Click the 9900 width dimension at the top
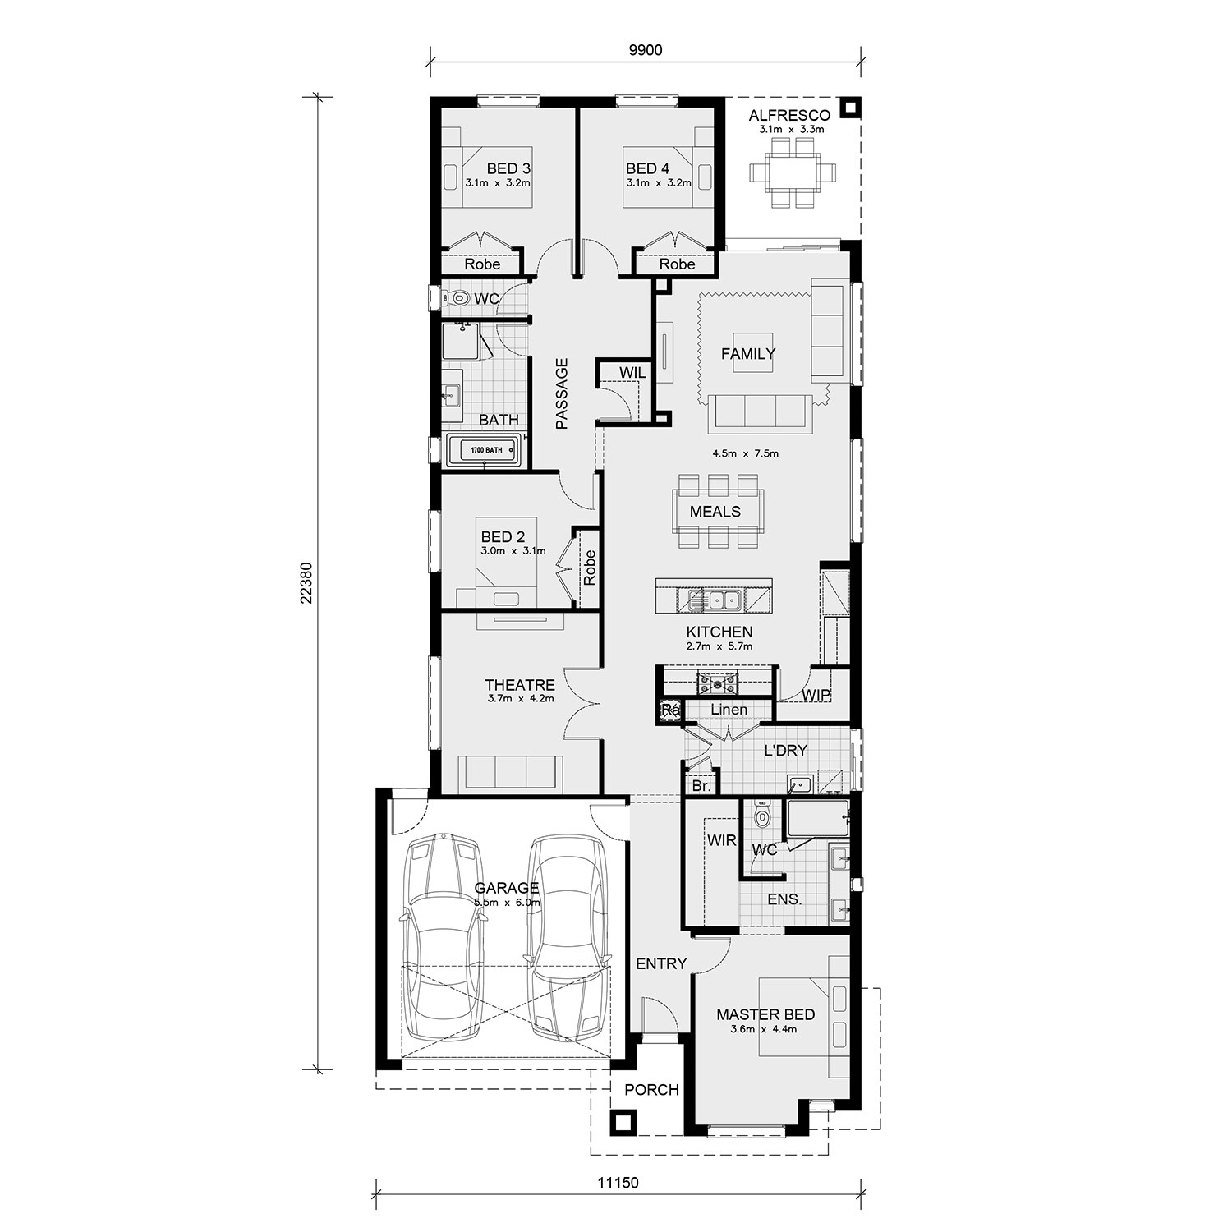(x=645, y=49)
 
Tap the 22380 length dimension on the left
(x=307, y=583)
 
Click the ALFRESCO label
(x=789, y=115)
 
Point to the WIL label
(x=632, y=373)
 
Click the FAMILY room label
(x=748, y=354)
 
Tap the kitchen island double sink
(x=716, y=600)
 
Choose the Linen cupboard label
(x=729, y=709)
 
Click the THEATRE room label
(x=520, y=685)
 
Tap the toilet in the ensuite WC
(x=762, y=816)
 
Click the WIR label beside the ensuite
(x=722, y=840)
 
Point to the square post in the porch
(x=623, y=1122)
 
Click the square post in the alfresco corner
(x=850, y=107)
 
